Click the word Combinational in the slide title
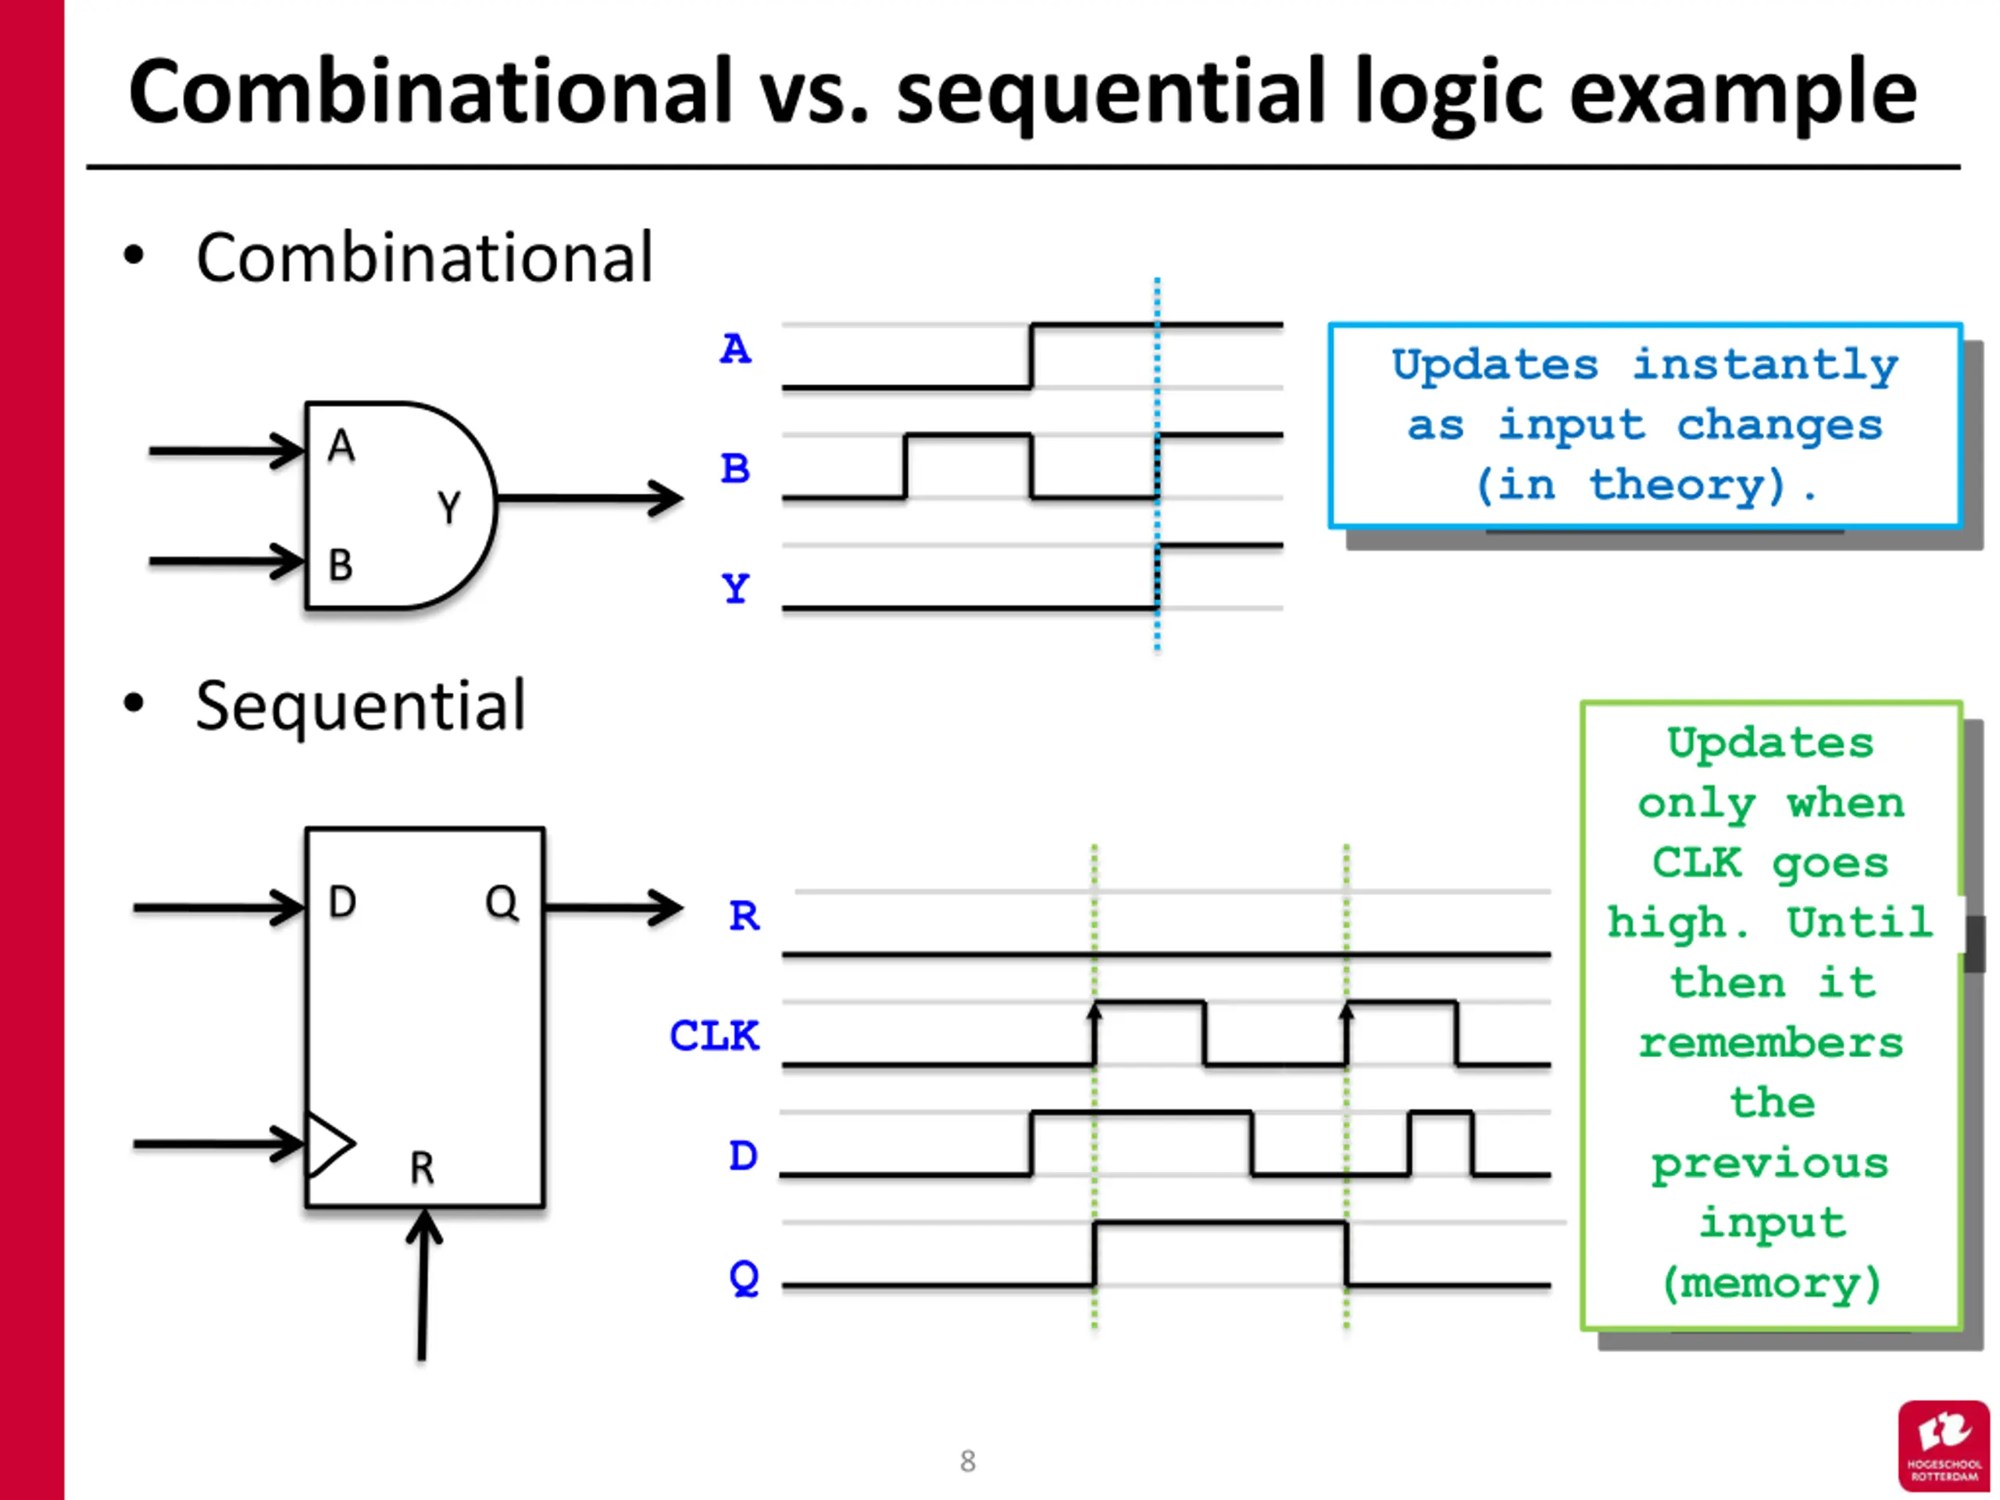coord(430,91)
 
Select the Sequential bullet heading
coord(360,706)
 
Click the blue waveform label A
coord(735,349)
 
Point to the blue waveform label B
coord(735,468)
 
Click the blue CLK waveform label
coord(714,1035)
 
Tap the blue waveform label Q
coord(744,1277)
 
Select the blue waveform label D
coord(743,1155)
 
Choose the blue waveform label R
coord(744,916)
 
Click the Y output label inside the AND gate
coord(449,507)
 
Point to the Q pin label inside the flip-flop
coord(502,902)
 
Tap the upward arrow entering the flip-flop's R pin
coord(422,1284)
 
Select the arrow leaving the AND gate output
coord(590,498)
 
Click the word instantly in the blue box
coord(1764,366)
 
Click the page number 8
coord(967,1461)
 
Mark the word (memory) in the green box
coord(1771,1284)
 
